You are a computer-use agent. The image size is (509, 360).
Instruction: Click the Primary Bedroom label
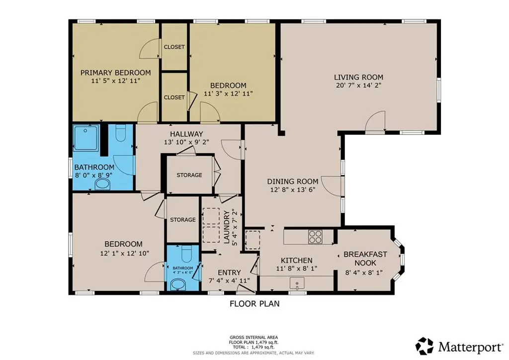115,73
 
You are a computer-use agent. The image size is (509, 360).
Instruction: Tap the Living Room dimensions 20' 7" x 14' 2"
359,86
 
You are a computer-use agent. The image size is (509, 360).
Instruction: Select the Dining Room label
292,181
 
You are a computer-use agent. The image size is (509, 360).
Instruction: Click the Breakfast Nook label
365,259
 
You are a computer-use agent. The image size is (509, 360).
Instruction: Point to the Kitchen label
296,261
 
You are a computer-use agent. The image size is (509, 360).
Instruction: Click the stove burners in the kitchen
315,237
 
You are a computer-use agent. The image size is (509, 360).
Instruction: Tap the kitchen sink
297,283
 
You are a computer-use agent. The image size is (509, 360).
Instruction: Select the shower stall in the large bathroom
85,138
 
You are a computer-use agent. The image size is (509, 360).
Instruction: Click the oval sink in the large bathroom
102,184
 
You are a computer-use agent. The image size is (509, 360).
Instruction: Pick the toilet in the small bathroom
186,254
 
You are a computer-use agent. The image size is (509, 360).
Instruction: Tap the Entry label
229,272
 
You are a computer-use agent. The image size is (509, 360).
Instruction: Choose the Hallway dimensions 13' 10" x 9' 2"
186,142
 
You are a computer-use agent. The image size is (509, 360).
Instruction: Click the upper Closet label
174,47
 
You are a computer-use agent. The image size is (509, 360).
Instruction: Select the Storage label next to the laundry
183,220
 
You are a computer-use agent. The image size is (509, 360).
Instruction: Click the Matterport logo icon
425,347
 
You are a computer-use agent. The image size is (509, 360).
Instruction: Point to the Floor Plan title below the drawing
254,304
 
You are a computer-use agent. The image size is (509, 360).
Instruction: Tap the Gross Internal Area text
254,338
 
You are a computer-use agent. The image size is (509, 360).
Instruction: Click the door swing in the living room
375,121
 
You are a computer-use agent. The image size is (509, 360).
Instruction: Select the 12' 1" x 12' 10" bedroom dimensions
124,253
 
